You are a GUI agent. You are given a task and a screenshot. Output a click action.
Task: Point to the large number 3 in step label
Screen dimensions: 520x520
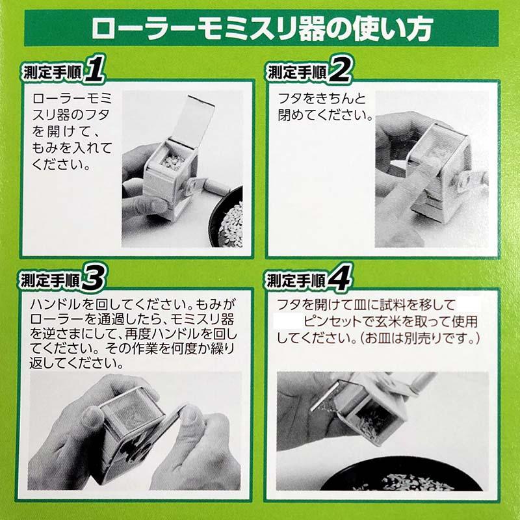pos(95,279)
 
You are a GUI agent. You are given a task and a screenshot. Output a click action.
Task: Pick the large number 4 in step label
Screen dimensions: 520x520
pos(339,279)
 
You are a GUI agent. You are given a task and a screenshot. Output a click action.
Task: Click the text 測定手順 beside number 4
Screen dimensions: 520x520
pos(296,281)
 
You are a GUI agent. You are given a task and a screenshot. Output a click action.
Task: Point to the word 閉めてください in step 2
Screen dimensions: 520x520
pos(325,117)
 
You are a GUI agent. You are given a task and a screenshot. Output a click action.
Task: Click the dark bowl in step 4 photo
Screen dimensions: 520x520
pos(396,481)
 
